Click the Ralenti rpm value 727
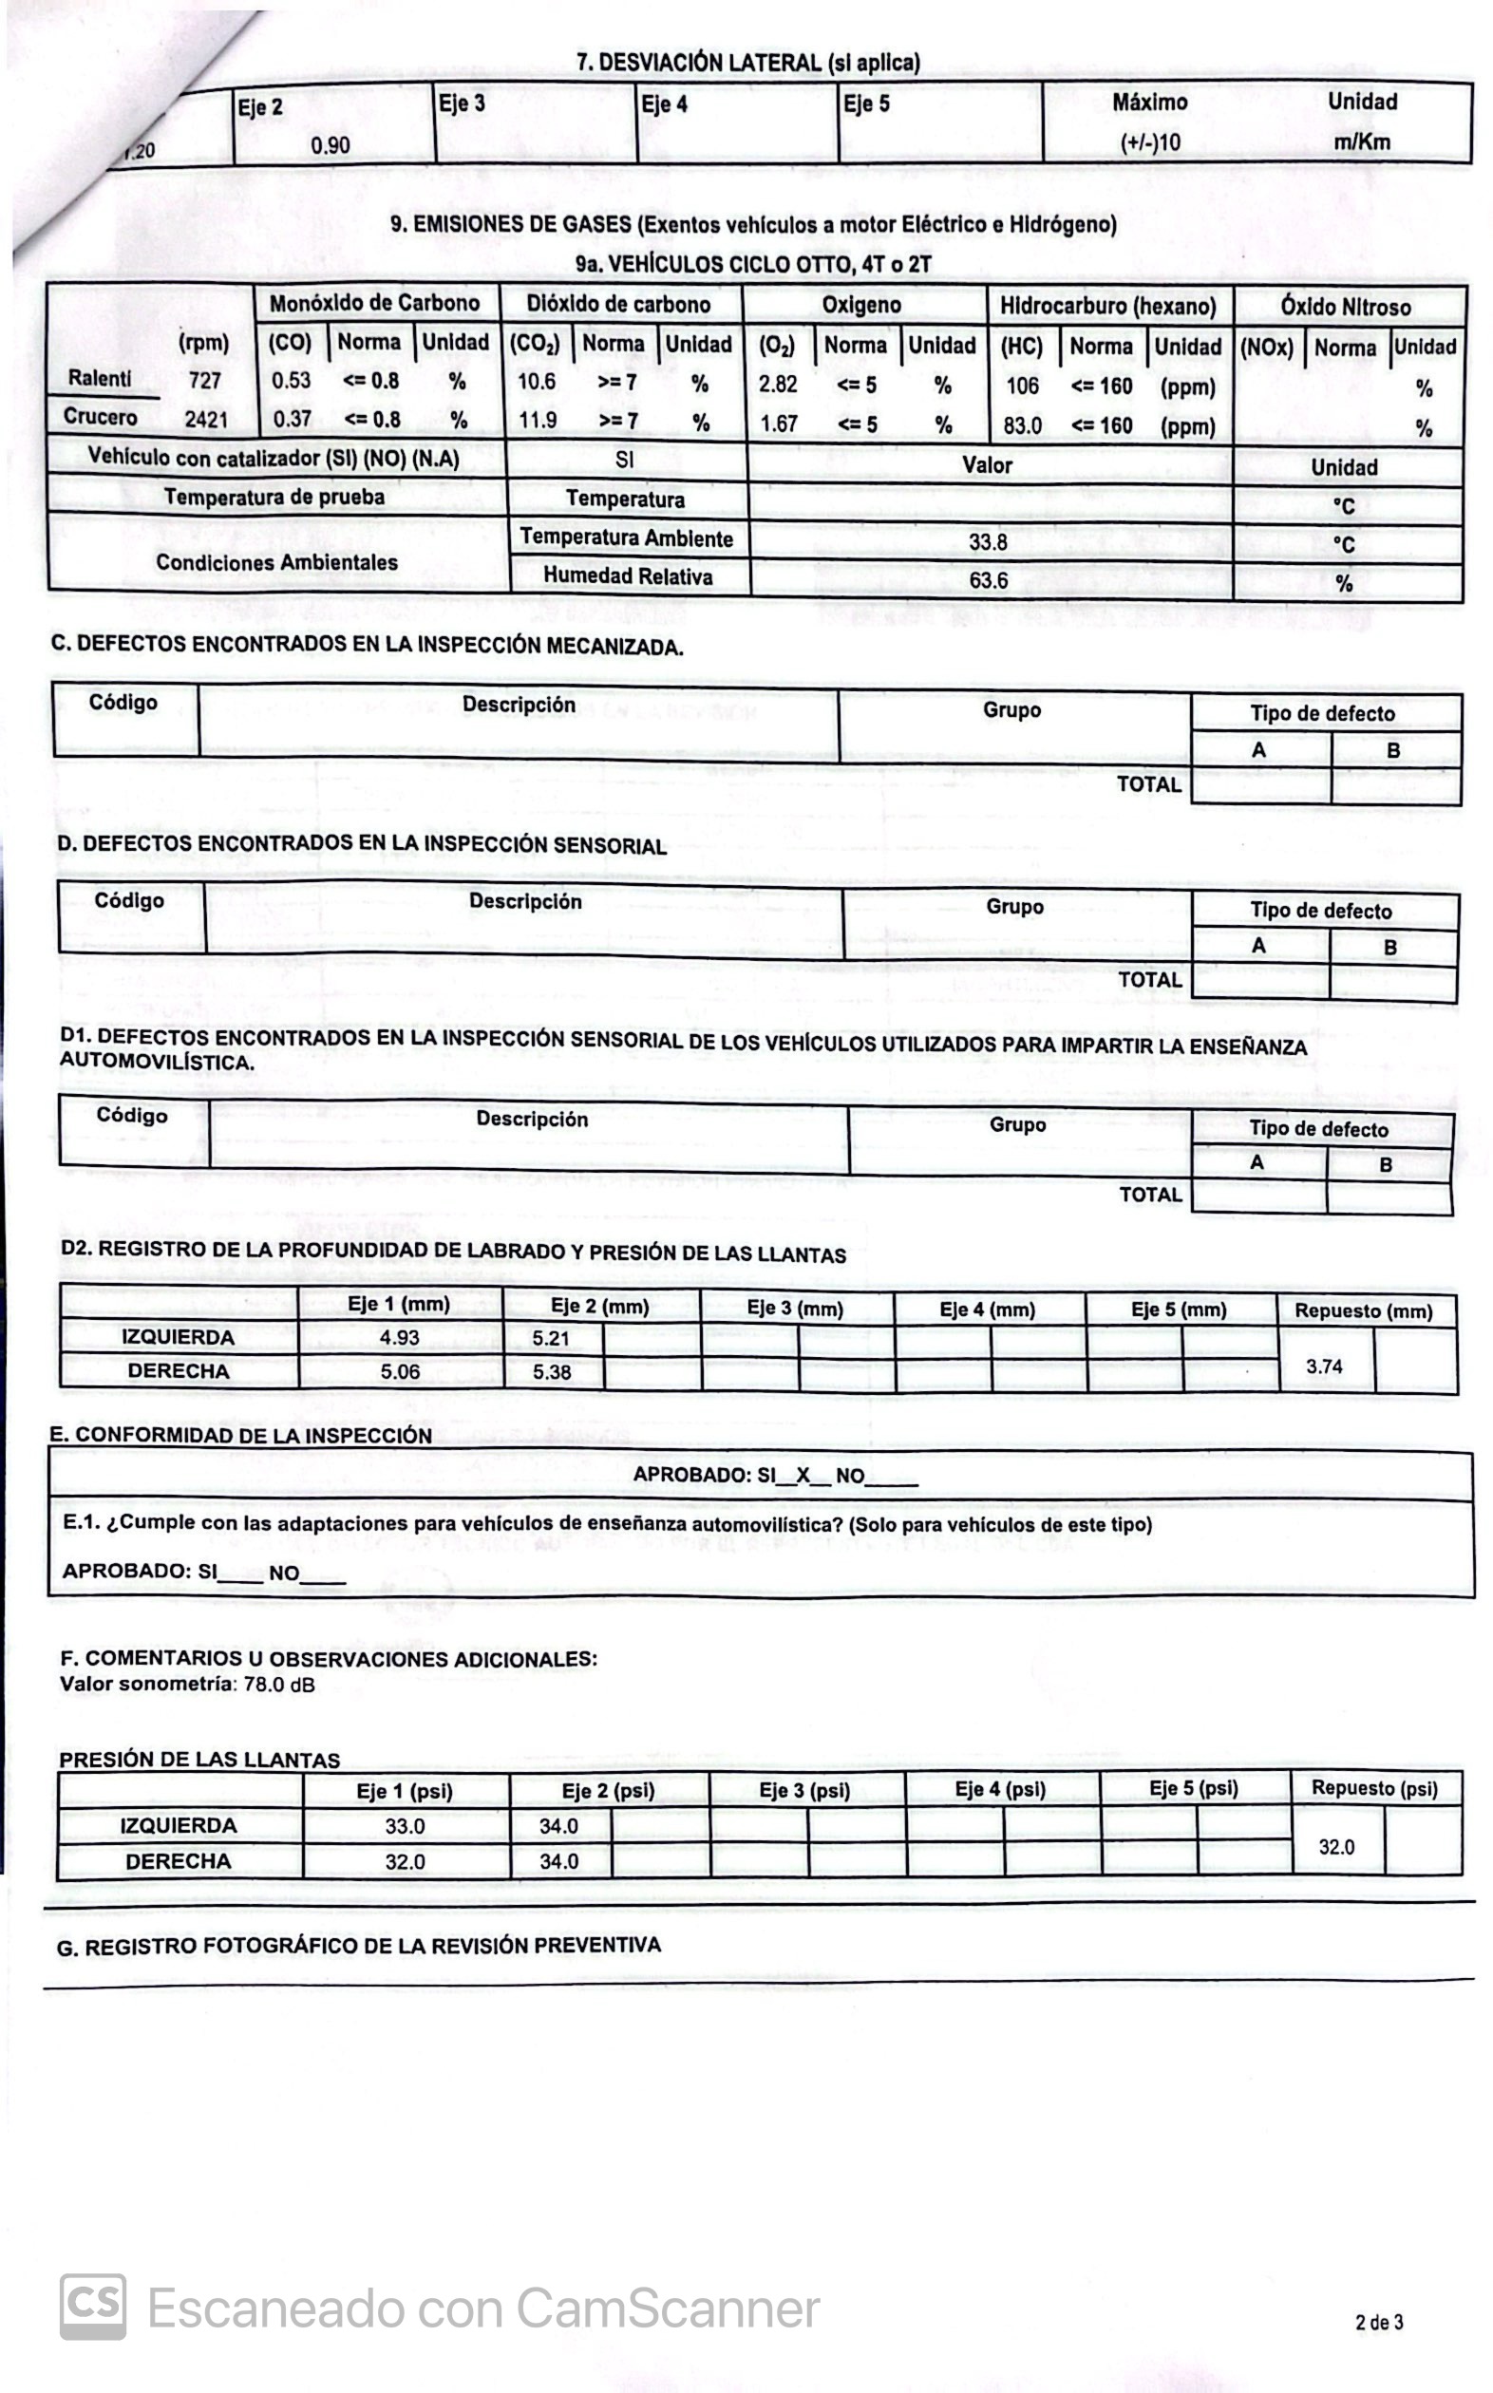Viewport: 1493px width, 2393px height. point(205,380)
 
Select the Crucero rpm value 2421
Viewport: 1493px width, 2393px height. point(206,420)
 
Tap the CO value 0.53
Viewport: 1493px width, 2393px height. point(292,380)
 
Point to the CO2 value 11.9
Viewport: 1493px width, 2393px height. point(539,421)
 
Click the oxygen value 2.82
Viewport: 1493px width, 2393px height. point(778,384)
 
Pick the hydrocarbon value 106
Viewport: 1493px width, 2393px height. point(1022,386)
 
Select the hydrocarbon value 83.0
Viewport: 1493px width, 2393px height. point(1022,425)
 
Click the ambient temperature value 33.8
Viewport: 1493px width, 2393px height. point(988,542)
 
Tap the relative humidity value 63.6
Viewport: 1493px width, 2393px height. point(988,579)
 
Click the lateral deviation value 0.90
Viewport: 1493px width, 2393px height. point(330,145)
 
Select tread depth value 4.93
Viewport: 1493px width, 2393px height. point(399,1338)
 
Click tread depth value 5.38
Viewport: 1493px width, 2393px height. point(552,1372)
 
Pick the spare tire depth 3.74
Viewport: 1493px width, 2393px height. point(1324,1366)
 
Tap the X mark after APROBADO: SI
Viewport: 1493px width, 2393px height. point(803,1476)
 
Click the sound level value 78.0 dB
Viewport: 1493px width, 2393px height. point(279,1686)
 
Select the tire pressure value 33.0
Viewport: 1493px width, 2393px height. point(405,1826)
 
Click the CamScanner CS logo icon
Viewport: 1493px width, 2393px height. point(93,2307)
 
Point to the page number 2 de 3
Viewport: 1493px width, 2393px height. point(1379,2323)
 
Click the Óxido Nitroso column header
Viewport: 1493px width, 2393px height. point(1345,307)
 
